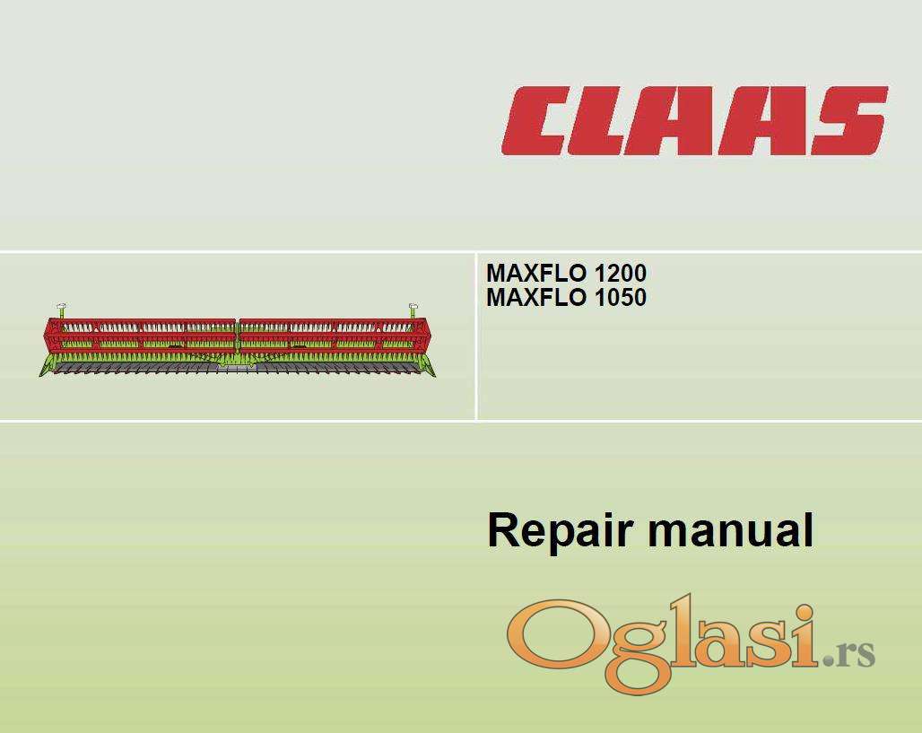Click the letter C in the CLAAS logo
(538, 121)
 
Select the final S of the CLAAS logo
(850, 121)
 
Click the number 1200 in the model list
(621, 273)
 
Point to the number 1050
(621, 298)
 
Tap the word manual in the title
(730, 530)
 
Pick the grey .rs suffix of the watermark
(848, 653)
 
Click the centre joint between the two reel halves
(238, 336)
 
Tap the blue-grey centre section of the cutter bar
(238, 367)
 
